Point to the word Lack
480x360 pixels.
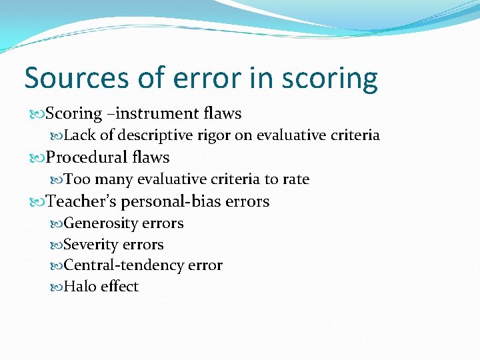point(80,135)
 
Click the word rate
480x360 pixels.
point(295,179)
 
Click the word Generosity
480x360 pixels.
point(101,223)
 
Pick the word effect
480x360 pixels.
point(119,287)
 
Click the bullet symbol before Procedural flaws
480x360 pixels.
point(36,158)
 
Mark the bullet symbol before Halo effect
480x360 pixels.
point(56,287)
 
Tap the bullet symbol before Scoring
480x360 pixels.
point(36,115)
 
